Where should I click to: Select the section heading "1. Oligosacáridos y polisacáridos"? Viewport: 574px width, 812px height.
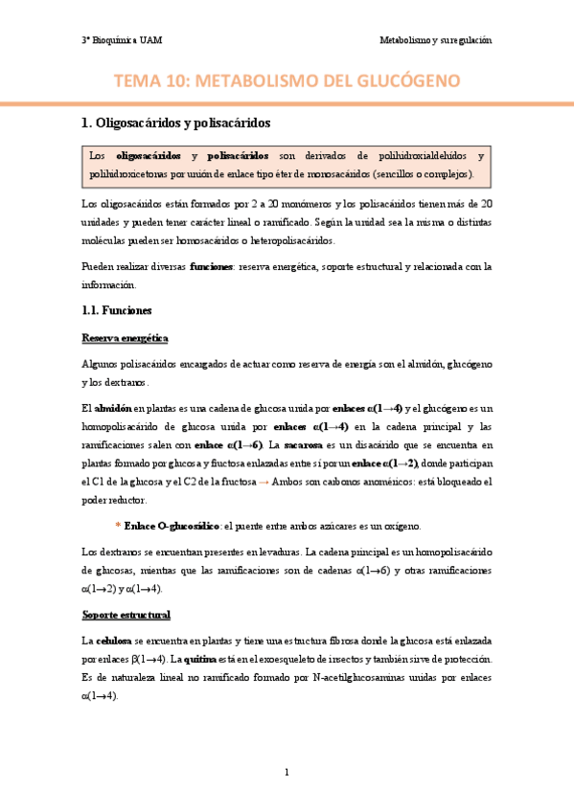(x=177, y=123)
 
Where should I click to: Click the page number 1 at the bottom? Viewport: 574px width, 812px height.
(x=287, y=771)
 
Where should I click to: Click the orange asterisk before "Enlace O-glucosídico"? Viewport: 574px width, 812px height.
(x=117, y=527)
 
